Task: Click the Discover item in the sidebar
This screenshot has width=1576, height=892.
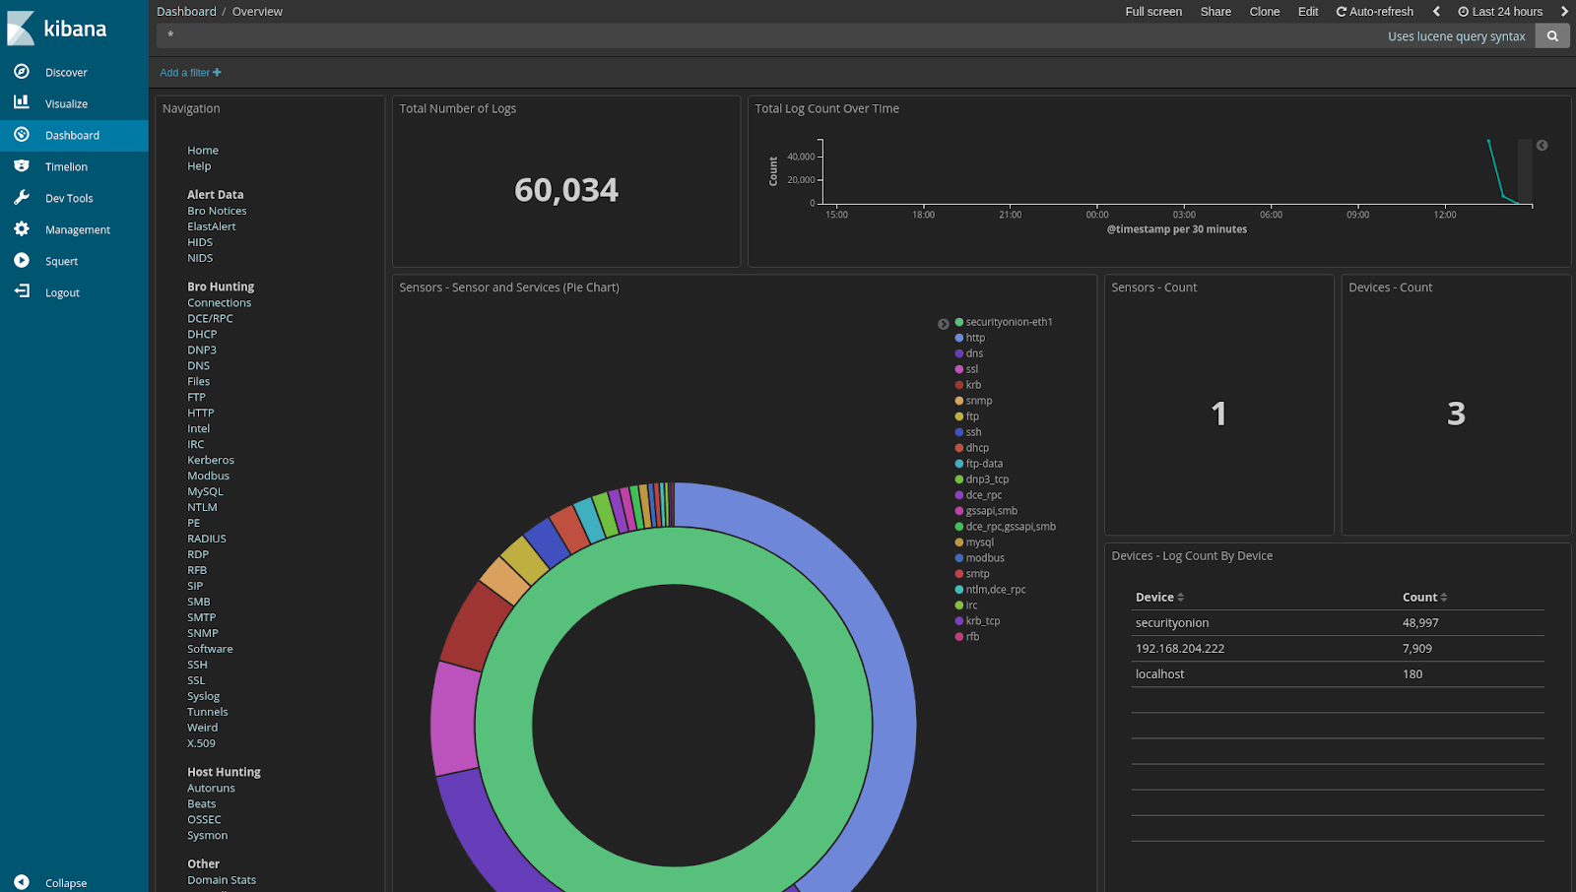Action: [x=65, y=73]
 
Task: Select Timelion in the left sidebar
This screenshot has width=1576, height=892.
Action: [x=65, y=167]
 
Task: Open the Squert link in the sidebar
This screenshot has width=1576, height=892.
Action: [x=61, y=262]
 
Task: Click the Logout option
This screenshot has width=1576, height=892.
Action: [x=61, y=293]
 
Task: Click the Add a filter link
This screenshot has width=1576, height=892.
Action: [x=190, y=73]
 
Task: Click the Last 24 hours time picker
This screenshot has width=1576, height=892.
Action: [x=1500, y=12]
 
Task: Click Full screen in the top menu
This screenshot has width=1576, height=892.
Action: [x=1153, y=12]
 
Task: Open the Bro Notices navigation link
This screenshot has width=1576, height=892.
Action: [x=217, y=211]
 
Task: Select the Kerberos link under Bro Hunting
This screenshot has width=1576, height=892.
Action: [x=211, y=460]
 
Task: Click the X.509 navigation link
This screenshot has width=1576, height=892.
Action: [x=201, y=743]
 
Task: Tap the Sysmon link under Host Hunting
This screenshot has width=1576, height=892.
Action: [x=207, y=835]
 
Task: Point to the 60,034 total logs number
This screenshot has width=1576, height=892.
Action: [x=566, y=190]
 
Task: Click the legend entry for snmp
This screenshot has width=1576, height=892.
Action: [x=978, y=401]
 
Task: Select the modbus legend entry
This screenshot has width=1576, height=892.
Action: [x=984, y=558]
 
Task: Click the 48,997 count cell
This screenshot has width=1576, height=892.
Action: [x=1420, y=623]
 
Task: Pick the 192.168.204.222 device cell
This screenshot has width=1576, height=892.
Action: [x=1179, y=649]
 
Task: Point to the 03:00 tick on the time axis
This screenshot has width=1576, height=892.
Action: [x=1184, y=215]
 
